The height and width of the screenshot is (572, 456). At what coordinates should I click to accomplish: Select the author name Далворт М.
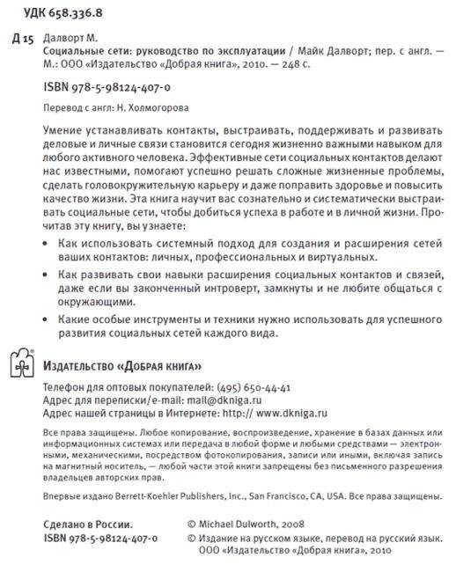coord(73,40)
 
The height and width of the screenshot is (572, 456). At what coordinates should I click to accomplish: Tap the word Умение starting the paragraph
coord(63,129)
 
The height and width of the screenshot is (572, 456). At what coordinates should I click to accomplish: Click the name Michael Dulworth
coord(238,524)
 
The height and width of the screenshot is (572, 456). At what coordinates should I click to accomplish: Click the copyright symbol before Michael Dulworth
coord(194,524)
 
